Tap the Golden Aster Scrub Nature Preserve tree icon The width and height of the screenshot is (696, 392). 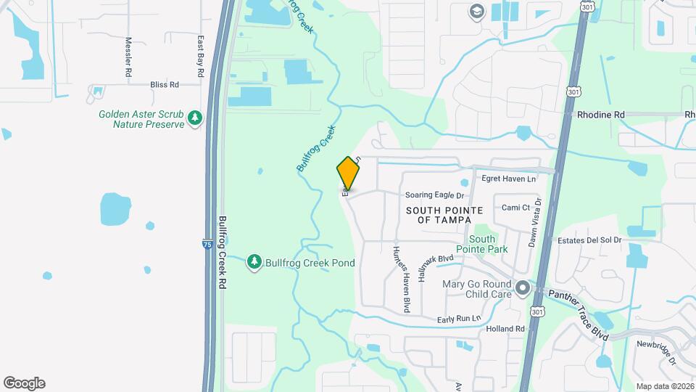tap(194, 118)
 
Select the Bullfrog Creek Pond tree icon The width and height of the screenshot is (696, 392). tap(254, 262)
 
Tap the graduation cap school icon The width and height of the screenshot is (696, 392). tap(476, 11)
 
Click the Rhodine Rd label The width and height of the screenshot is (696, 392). tap(600, 115)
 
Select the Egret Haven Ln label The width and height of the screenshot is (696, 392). tap(508, 179)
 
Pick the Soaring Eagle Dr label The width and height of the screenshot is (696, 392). tap(434, 195)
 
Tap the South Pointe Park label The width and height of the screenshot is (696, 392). tap(482, 244)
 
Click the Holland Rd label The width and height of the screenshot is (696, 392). tap(505, 329)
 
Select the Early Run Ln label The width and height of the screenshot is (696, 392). tap(459, 319)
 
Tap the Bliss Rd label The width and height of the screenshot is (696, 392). tap(165, 85)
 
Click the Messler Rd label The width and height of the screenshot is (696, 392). tap(128, 57)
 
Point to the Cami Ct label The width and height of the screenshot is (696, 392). tap(516, 208)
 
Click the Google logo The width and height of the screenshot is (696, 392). tap(24, 383)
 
